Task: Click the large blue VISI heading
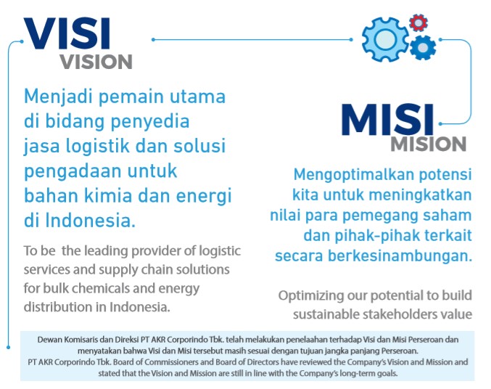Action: pyautogui.click(x=67, y=33)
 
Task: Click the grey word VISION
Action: pyautogui.click(x=96, y=62)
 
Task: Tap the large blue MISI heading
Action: pyautogui.click(x=388, y=120)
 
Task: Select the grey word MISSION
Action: pyautogui.click(x=429, y=144)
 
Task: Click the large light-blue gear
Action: pyautogui.click(x=385, y=39)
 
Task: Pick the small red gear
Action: pyautogui.click(x=418, y=22)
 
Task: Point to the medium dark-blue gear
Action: pyautogui.click(x=423, y=48)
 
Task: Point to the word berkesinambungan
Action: pyautogui.click(x=400, y=256)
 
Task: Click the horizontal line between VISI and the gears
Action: pyautogui.click(x=252, y=39)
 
